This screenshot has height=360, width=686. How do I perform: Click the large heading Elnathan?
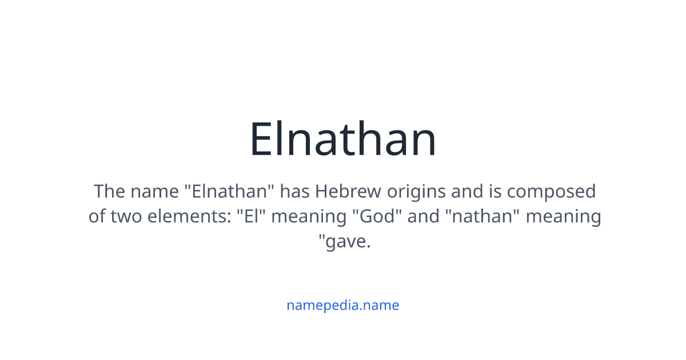[343, 140]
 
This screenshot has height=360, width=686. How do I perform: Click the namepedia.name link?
[342, 305]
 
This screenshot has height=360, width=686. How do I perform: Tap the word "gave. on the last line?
[345, 242]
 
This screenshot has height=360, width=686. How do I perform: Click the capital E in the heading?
[261, 140]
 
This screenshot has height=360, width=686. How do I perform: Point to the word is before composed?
[495, 191]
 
